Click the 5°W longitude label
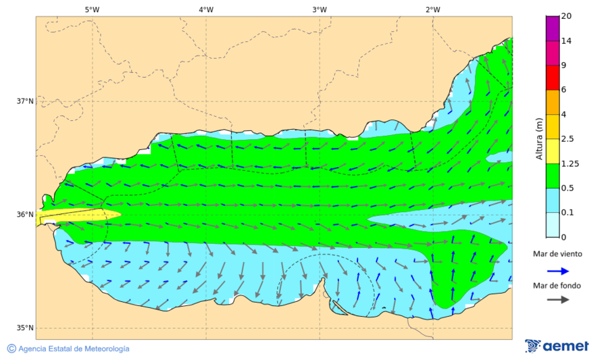click(x=92, y=9)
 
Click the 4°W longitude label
click(x=206, y=9)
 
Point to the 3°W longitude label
click(x=320, y=9)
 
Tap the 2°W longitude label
click(x=433, y=9)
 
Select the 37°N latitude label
click(x=25, y=101)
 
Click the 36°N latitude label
click(x=25, y=215)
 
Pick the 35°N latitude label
click(x=25, y=328)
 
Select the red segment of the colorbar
click(x=553, y=77)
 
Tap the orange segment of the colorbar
click(x=553, y=102)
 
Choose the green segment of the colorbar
click(x=553, y=176)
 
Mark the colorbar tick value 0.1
click(x=568, y=213)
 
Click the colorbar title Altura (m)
click(x=539, y=139)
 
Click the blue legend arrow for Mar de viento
click(x=557, y=269)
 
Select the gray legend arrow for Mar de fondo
click(x=557, y=300)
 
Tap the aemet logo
click(x=557, y=346)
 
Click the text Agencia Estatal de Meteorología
click(x=74, y=349)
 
